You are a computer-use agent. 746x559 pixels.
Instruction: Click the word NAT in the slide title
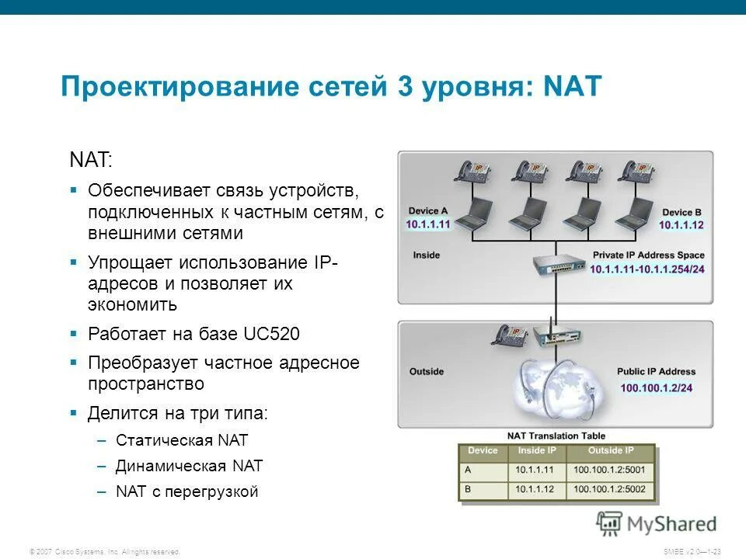point(573,86)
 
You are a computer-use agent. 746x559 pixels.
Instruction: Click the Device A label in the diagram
point(428,211)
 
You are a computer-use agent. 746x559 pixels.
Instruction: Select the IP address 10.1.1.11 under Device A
point(428,224)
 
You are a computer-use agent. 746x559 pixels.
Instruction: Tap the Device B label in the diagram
point(682,212)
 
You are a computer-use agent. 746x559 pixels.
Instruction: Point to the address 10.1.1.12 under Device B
point(682,225)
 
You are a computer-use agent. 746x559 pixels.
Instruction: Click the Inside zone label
point(426,255)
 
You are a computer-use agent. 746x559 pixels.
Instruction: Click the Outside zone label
point(427,372)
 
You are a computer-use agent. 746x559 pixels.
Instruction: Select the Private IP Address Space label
point(648,255)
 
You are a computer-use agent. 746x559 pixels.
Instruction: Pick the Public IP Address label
point(656,372)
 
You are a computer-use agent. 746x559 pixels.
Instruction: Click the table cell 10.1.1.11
point(535,470)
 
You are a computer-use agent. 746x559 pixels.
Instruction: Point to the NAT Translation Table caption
point(556,436)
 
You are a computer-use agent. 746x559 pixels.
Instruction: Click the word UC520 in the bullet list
point(271,335)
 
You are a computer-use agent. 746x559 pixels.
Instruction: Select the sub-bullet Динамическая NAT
point(189,467)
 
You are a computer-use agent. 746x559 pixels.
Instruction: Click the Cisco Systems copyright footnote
point(104,551)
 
